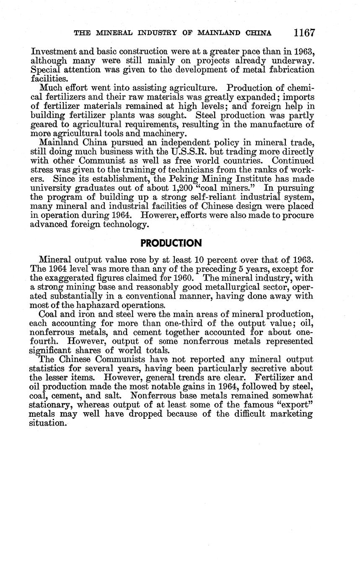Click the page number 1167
coord(304,33)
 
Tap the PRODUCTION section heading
coord(171,243)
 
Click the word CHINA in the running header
coord(259,33)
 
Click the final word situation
coord(48,423)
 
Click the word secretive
coord(269,369)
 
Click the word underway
coord(293,61)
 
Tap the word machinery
coord(158,134)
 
